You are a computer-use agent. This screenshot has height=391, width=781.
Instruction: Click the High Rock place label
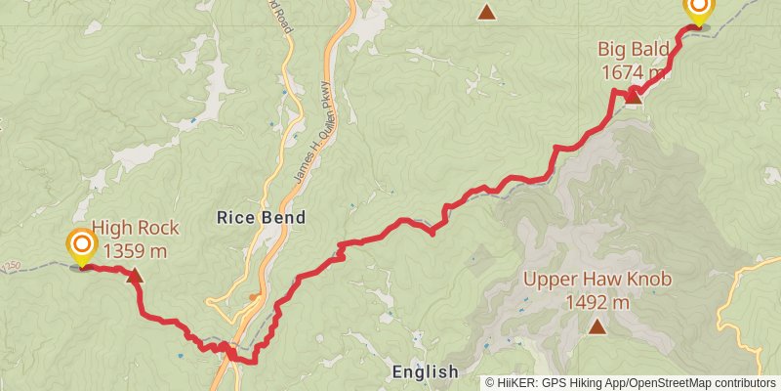136,228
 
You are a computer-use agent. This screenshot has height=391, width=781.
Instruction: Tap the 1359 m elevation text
136,250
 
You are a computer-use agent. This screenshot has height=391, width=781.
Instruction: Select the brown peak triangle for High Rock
135,277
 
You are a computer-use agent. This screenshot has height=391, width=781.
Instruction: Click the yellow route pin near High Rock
82,245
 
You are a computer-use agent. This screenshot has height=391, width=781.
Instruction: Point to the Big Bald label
633,50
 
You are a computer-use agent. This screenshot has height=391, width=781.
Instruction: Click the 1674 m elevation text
633,72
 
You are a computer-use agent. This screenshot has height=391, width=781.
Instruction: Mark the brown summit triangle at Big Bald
634,95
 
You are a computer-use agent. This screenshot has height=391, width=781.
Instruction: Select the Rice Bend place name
261,218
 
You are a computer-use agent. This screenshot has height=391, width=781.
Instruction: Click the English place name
425,371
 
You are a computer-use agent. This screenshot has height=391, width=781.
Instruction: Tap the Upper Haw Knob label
597,280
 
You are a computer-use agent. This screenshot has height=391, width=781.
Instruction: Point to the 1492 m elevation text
597,302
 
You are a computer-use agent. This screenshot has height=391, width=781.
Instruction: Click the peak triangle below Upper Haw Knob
596,326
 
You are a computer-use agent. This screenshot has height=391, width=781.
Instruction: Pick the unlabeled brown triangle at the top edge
486,12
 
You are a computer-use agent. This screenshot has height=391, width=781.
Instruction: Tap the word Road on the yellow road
284,18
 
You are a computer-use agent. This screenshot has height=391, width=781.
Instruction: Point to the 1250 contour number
11,265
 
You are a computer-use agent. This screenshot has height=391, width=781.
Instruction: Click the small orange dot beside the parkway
254,296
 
